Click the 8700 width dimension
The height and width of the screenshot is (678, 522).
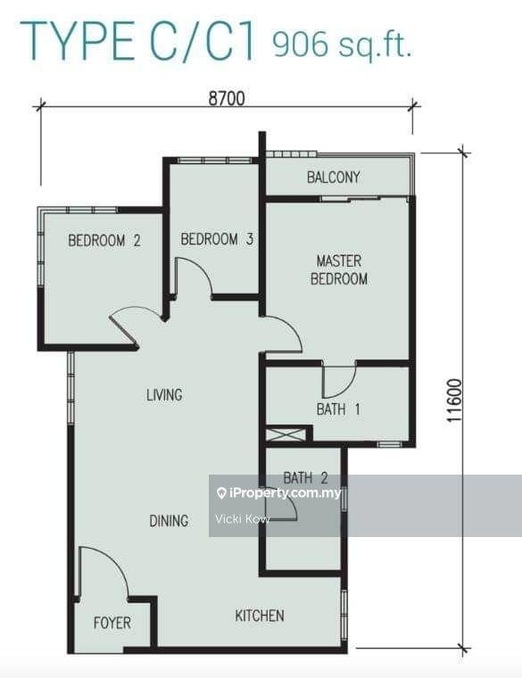pyautogui.click(x=227, y=99)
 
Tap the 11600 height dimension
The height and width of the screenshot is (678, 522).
pyautogui.click(x=454, y=401)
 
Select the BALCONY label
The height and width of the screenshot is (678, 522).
pyautogui.click(x=333, y=178)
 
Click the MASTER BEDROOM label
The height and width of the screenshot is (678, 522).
pyautogui.click(x=339, y=269)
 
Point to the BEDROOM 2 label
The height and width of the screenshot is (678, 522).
pyautogui.click(x=104, y=240)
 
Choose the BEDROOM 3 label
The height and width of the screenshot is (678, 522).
pyautogui.click(x=217, y=239)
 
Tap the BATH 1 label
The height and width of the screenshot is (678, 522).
pyautogui.click(x=338, y=409)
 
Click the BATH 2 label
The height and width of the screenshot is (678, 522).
pyautogui.click(x=305, y=478)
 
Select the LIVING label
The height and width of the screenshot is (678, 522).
pyautogui.click(x=164, y=395)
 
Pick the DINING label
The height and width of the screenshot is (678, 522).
pyautogui.click(x=169, y=521)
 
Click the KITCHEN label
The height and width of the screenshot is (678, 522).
pyautogui.click(x=260, y=616)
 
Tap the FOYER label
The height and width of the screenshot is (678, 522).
pyautogui.click(x=112, y=623)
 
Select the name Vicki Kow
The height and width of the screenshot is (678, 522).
pyautogui.click(x=243, y=519)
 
